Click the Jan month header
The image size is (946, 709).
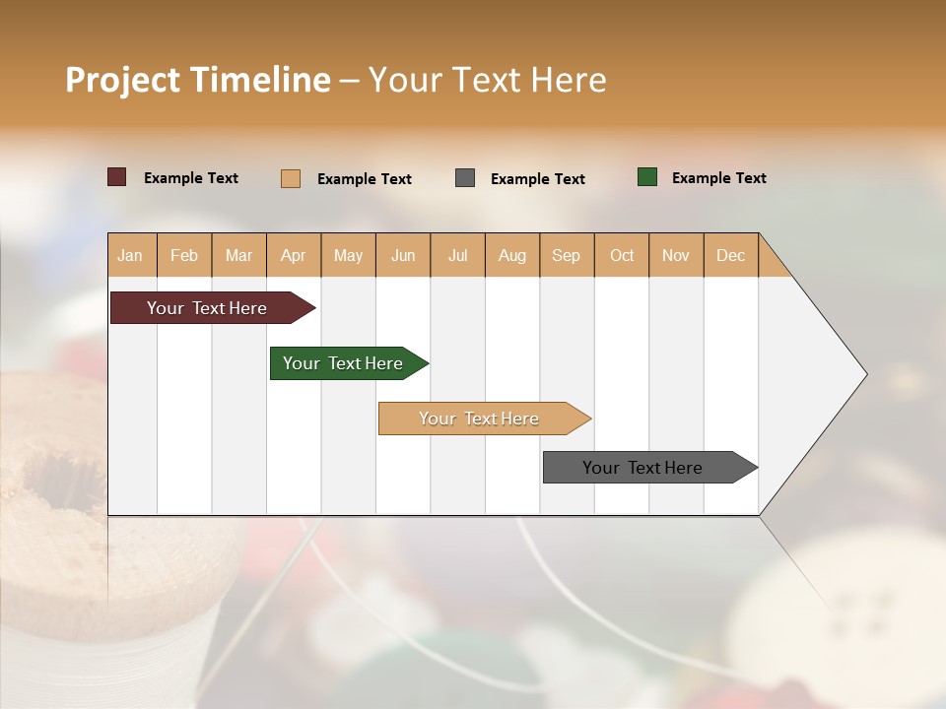[131, 256]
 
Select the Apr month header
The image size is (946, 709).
[294, 256]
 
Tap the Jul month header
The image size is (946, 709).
[457, 256]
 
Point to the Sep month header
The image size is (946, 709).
[567, 256]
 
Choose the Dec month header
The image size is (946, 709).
[730, 256]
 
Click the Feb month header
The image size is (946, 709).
[184, 256]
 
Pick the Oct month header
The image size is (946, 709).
[622, 256]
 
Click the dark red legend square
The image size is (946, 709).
[116, 177]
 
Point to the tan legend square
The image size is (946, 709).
[291, 178]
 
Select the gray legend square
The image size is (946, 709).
[465, 178]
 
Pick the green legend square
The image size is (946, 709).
[647, 177]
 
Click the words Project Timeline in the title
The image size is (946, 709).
[198, 80]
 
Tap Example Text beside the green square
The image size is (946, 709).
[718, 178]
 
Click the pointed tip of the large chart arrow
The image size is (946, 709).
[864, 374]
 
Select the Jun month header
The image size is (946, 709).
[403, 256]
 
